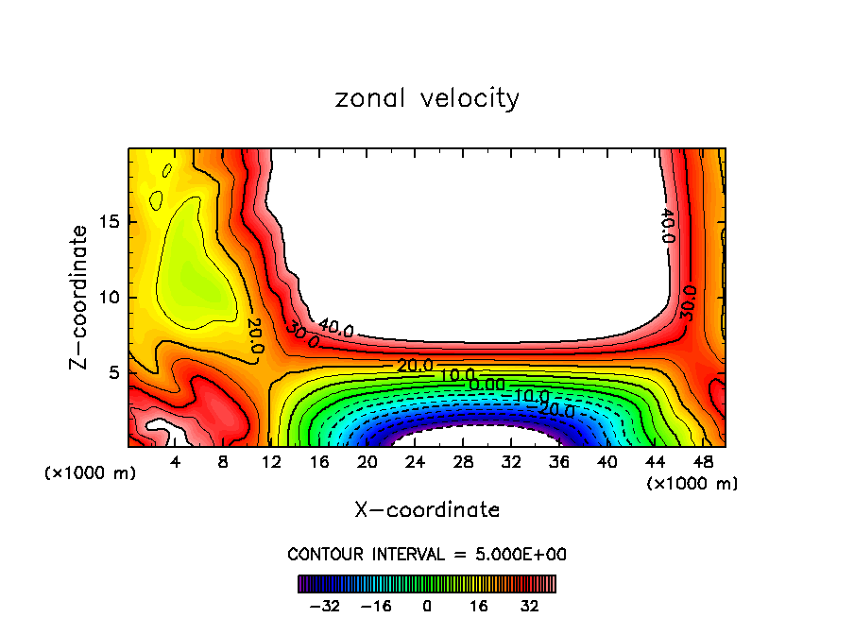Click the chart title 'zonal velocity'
click(x=427, y=98)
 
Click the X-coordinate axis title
click(x=427, y=509)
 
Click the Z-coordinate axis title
click(x=79, y=297)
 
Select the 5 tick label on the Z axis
click(x=112, y=372)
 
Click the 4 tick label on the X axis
click(x=176, y=463)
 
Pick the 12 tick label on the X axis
click(x=272, y=463)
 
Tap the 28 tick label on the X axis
click(x=463, y=463)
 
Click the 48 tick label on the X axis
click(x=702, y=463)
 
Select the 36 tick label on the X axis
click(x=558, y=463)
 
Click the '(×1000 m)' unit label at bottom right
click(x=692, y=484)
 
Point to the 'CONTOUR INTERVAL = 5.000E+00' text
click(x=427, y=554)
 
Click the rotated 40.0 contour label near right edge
click(x=668, y=226)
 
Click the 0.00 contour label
click(x=487, y=385)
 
